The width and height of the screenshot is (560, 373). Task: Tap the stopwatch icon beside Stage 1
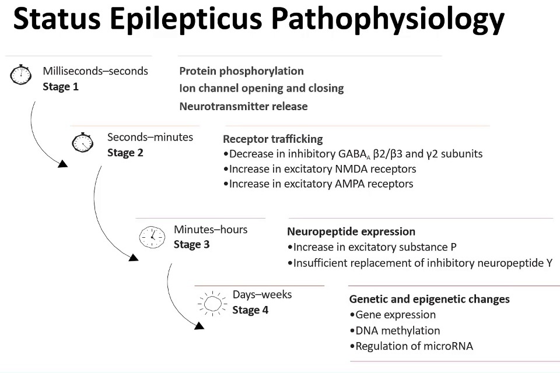pos(20,75)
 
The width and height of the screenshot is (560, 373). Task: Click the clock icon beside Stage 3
pos(151,235)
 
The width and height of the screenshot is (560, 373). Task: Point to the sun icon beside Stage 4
pos(211,303)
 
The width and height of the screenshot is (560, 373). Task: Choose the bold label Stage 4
pos(250,310)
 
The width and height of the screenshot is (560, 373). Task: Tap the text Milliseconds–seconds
pos(95,71)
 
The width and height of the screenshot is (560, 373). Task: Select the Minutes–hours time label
pos(211,229)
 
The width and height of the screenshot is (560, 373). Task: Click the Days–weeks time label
pos(262,294)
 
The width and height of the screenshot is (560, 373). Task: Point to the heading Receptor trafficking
pos(272,139)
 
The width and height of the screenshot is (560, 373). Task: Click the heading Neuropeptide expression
pos(351,231)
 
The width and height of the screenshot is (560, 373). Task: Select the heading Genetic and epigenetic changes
pos(429,299)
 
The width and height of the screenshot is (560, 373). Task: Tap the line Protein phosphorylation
pos(242,71)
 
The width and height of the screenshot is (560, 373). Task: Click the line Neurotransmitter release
pos(243,106)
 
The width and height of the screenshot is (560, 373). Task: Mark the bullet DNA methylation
pos(394,330)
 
